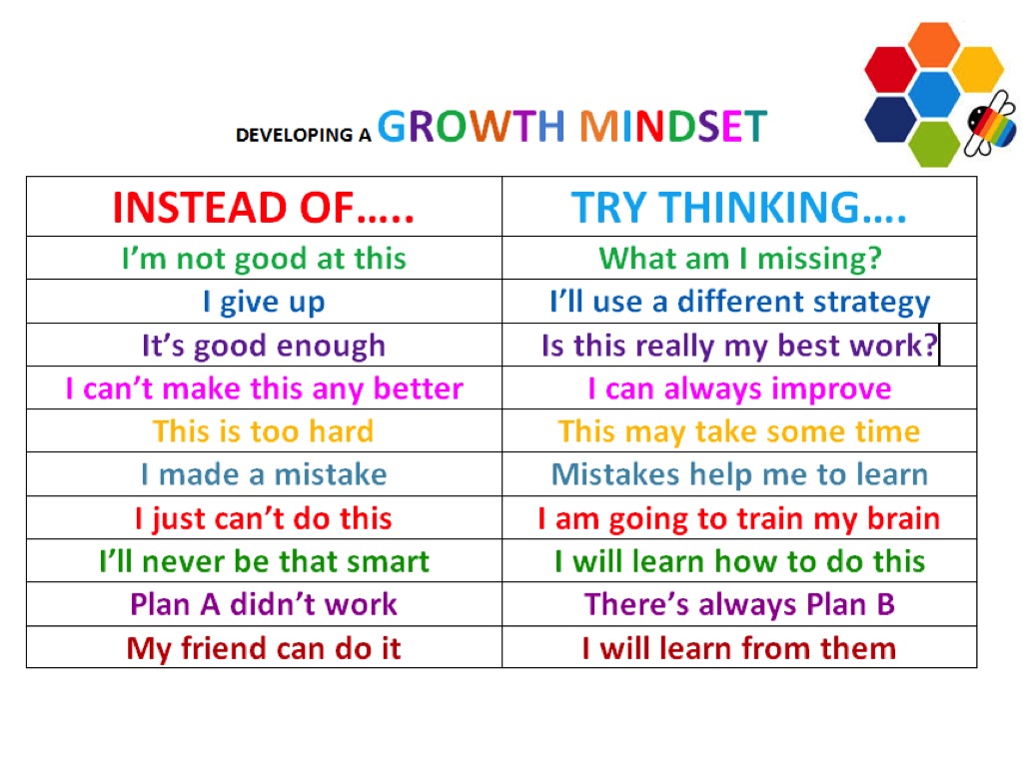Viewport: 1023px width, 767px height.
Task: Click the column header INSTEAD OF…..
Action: click(x=264, y=208)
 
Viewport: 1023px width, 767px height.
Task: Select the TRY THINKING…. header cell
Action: click(x=739, y=208)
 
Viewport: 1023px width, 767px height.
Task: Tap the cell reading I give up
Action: click(x=264, y=302)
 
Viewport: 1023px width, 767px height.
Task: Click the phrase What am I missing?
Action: click(x=739, y=259)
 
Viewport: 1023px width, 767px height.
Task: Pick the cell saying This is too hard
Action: click(x=264, y=431)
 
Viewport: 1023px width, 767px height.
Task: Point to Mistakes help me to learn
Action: click(x=739, y=474)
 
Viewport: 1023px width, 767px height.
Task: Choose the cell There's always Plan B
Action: click(x=739, y=604)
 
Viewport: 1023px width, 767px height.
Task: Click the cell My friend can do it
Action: click(x=264, y=648)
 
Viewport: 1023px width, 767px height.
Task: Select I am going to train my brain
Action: click(x=739, y=518)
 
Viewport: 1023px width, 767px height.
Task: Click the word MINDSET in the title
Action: click(x=673, y=127)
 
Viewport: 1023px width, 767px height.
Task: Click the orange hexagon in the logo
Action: click(x=935, y=45)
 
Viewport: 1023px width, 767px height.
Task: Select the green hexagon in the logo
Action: click(x=935, y=143)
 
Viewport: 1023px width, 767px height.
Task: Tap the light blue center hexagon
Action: click(x=935, y=94)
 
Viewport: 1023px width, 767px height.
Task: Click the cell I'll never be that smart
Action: click(x=264, y=561)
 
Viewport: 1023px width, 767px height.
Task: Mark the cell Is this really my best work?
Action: click(x=739, y=346)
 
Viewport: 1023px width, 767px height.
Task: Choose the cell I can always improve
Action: click(x=739, y=388)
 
